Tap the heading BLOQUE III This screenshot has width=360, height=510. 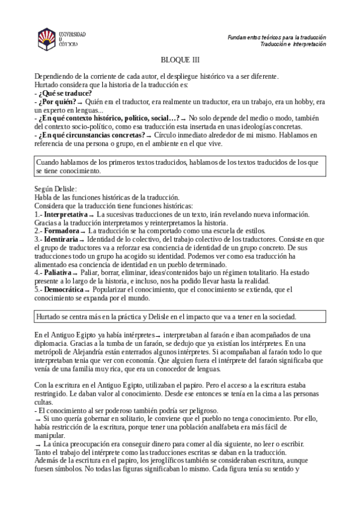180,60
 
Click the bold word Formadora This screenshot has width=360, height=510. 61,230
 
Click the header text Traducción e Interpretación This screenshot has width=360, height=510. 293,45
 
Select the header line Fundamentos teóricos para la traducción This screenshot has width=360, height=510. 276,37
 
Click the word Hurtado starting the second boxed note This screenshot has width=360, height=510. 49,316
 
